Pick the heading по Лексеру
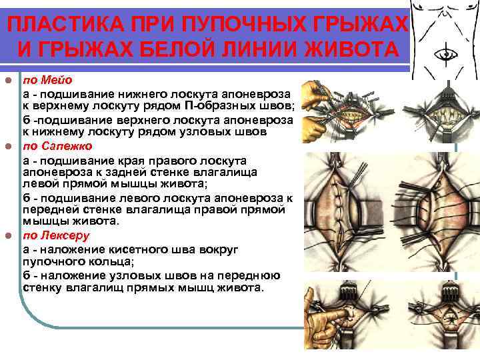(55, 235)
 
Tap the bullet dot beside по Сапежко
(8, 147)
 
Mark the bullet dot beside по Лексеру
(8, 236)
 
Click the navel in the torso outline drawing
(444, 52)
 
